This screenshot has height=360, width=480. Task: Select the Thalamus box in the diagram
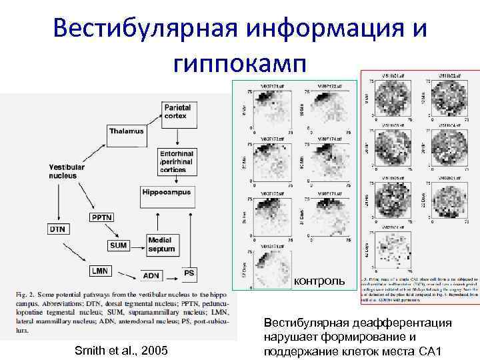(126, 131)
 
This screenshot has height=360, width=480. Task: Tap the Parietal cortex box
(177, 111)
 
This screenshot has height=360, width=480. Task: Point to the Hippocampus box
(166, 193)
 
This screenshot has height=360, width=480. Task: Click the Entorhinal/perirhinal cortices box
(177, 161)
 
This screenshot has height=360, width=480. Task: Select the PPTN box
(101, 217)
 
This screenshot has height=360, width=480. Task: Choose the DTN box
(58, 229)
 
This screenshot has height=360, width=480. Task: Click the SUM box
(117, 245)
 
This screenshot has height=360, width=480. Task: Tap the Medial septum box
(162, 245)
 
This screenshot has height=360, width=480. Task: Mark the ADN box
(151, 275)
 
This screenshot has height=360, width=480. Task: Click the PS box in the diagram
(189, 273)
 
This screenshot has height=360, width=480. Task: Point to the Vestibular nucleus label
(67, 171)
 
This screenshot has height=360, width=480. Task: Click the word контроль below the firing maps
(319, 281)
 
